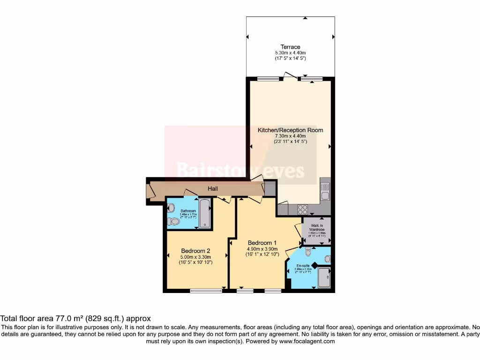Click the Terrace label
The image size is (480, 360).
click(290, 47)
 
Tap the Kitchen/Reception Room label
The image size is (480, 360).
click(290, 130)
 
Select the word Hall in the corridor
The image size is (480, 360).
click(213, 188)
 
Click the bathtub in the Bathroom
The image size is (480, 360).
click(205, 213)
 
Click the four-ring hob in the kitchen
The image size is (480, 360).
click(303, 210)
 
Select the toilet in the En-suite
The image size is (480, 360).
click(308, 253)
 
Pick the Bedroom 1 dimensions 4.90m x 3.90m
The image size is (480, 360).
click(262, 249)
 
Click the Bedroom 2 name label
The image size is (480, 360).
click(196, 250)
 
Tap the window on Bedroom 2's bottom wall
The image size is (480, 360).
click(206, 291)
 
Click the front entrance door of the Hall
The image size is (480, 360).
click(150, 191)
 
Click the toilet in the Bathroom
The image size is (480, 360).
click(173, 221)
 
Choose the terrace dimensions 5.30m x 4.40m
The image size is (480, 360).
click(290, 52)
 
